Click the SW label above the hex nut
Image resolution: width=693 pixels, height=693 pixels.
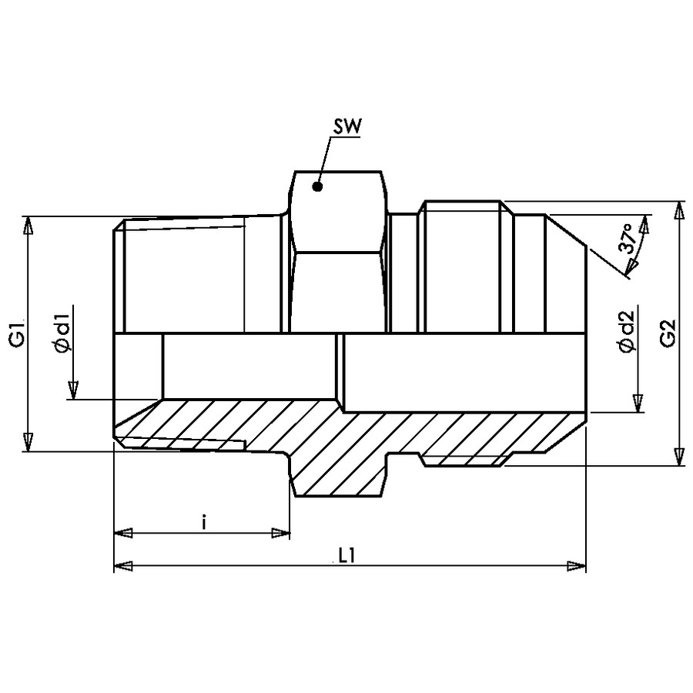347,127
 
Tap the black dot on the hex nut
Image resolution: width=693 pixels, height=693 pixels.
317,186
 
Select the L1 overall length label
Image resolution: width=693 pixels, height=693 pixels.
347,556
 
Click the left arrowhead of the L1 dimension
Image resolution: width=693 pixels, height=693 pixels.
123,566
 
